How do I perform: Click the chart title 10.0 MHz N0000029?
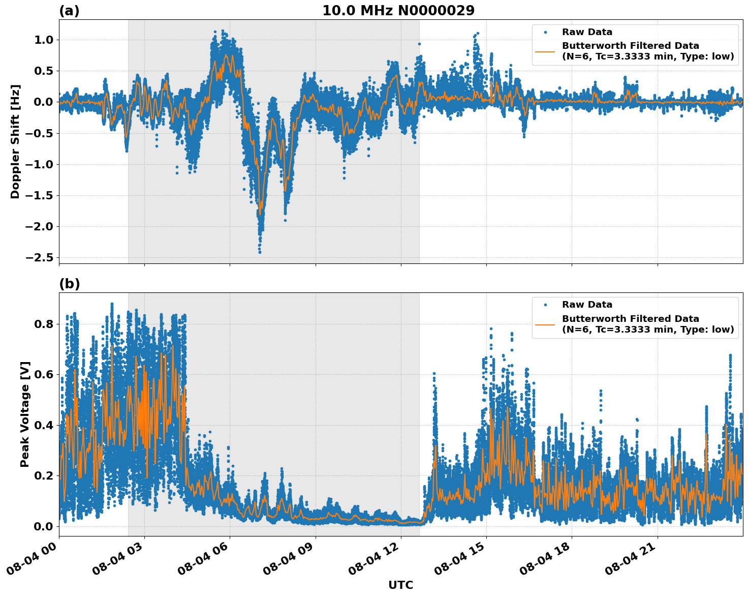[x=398, y=11]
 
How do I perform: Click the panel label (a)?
[x=69, y=11]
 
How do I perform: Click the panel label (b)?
[x=69, y=284]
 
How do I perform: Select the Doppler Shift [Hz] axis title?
[x=15, y=141]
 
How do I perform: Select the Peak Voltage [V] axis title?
[x=25, y=414]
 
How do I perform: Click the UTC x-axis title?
[x=400, y=585]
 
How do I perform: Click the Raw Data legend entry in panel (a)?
[x=587, y=32]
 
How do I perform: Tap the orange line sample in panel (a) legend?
[x=545, y=51]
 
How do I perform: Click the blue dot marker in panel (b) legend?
[x=545, y=305]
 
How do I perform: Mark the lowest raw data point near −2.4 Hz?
[x=260, y=252]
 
